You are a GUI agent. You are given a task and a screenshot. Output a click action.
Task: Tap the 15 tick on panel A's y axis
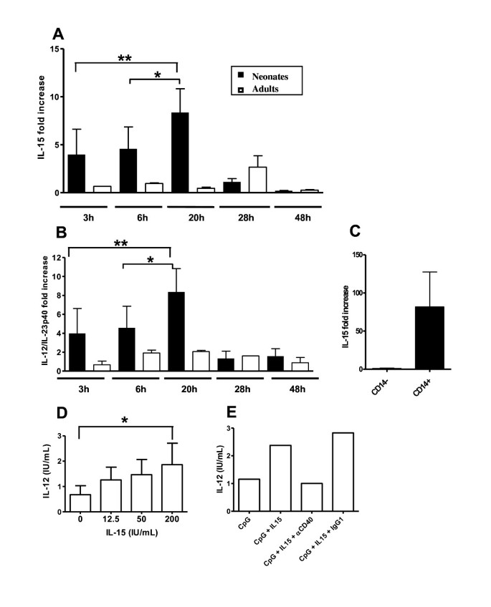click(x=53, y=49)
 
